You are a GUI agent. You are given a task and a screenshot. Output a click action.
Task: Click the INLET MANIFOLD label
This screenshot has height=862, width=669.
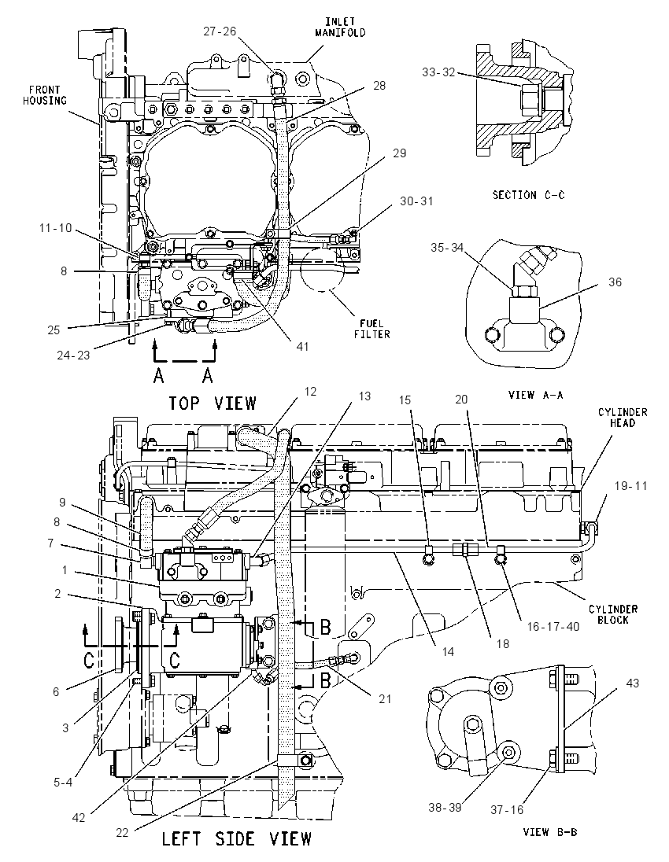(340, 27)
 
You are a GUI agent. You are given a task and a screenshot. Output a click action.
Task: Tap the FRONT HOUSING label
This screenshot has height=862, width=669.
(45, 95)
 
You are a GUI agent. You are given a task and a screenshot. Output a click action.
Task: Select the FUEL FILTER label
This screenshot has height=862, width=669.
(372, 329)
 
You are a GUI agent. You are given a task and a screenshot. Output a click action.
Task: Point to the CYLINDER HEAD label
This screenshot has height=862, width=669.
(623, 418)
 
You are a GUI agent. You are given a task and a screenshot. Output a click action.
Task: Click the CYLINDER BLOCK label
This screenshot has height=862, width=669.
(613, 614)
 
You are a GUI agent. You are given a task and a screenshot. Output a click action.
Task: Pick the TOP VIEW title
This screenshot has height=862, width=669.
(213, 403)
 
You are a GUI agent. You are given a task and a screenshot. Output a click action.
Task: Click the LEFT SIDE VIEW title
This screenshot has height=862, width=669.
(237, 838)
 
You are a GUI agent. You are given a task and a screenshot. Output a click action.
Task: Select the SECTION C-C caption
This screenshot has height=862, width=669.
(528, 194)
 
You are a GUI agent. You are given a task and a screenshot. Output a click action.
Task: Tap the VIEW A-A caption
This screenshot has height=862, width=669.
(535, 395)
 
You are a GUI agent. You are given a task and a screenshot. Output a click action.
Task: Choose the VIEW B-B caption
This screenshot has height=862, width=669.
(550, 832)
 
